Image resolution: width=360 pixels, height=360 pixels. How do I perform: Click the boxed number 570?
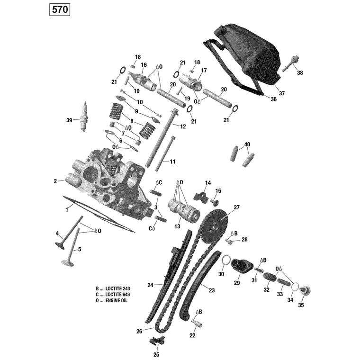[60, 10]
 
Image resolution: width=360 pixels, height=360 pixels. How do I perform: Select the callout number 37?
[282, 93]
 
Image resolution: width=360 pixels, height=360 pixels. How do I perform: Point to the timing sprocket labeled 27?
[215, 225]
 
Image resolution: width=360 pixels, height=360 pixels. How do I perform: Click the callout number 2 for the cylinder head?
[55, 181]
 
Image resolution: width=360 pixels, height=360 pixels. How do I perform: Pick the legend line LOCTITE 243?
[113, 288]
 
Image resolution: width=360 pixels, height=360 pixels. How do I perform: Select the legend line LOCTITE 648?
[113, 295]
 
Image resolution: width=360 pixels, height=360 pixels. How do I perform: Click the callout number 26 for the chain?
[139, 331]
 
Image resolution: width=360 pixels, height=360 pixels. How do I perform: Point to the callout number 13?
[177, 226]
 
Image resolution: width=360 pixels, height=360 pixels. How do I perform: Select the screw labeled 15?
[215, 202]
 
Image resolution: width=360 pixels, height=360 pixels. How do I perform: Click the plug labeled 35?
[305, 291]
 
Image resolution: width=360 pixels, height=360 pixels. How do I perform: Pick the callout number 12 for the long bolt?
[183, 126]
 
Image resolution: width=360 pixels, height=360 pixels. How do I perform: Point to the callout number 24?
[150, 285]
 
